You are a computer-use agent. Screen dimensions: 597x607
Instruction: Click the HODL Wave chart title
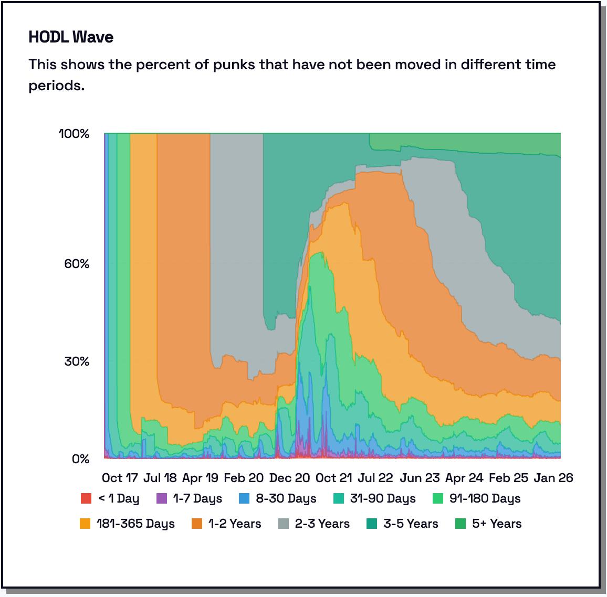coord(71,37)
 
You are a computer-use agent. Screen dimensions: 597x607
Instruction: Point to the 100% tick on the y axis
coord(74,134)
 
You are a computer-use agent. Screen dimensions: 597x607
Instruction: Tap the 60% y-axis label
coord(77,263)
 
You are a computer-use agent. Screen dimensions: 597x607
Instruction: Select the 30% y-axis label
coord(77,361)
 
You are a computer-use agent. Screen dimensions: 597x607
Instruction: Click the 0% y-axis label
coord(80,459)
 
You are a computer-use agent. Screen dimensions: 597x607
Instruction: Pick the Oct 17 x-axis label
coord(120,478)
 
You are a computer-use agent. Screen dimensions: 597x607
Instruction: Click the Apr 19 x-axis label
coord(200,478)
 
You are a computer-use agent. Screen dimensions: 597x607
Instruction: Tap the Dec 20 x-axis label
coord(289,478)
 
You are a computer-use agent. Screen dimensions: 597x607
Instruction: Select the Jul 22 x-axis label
coord(375,478)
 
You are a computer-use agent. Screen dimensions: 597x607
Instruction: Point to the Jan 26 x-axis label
coord(553,478)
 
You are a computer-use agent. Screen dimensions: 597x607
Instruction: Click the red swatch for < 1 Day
coord(86,498)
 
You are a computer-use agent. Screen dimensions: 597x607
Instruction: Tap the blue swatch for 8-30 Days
coord(244,498)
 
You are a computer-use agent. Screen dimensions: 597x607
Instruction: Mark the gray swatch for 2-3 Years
coord(284,524)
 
